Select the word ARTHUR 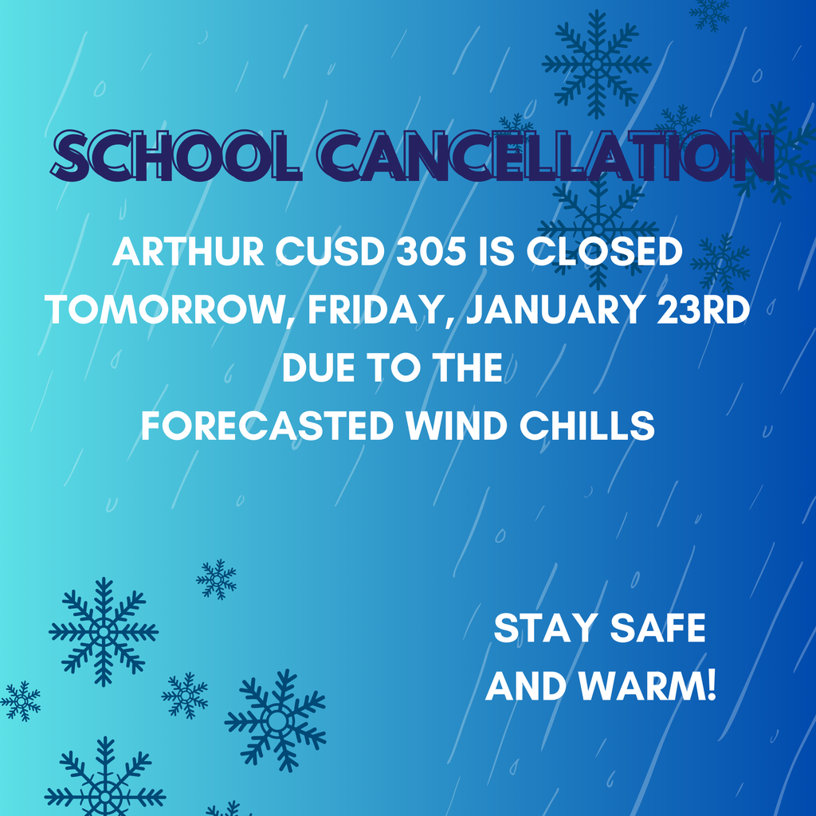(187, 253)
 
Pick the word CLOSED (606, 253)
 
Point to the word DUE (316, 368)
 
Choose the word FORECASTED (267, 426)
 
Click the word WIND (457, 426)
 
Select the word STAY (545, 629)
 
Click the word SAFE (658, 629)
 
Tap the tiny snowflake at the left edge (20, 701)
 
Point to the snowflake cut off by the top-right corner (708, 11)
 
